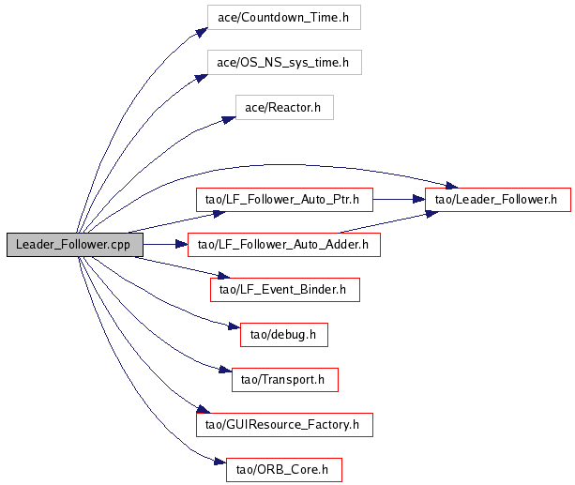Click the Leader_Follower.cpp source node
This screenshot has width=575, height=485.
click(75, 244)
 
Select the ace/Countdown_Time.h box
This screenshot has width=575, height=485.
click(284, 17)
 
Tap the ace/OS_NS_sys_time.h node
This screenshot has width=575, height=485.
click(284, 62)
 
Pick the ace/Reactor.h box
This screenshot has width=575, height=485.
click(284, 108)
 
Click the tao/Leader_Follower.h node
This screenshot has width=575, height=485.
click(498, 200)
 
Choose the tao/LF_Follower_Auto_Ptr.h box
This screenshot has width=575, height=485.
click(284, 200)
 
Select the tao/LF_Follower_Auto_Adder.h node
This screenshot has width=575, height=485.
click(284, 244)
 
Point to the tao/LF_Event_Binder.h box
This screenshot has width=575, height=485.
click(285, 290)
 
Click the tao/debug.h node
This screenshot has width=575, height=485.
click(284, 335)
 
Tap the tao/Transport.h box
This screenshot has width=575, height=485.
click(284, 380)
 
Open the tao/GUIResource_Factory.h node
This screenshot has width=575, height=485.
click(284, 425)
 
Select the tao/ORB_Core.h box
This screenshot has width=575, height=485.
click(284, 470)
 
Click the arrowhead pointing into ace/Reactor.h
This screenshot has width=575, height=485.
click(229, 120)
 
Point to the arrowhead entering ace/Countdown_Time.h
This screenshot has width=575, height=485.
click(202, 32)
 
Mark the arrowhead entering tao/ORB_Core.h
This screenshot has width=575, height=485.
click(220, 462)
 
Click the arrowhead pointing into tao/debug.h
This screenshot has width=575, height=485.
click(234, 326)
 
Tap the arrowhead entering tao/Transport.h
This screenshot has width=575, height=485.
click(225, 370)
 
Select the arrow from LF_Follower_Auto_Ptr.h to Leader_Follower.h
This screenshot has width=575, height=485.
click(399, 199)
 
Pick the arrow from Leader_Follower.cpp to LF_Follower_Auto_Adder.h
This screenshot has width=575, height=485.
click(165, 244)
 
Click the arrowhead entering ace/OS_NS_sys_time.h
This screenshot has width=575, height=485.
click(202, 78)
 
